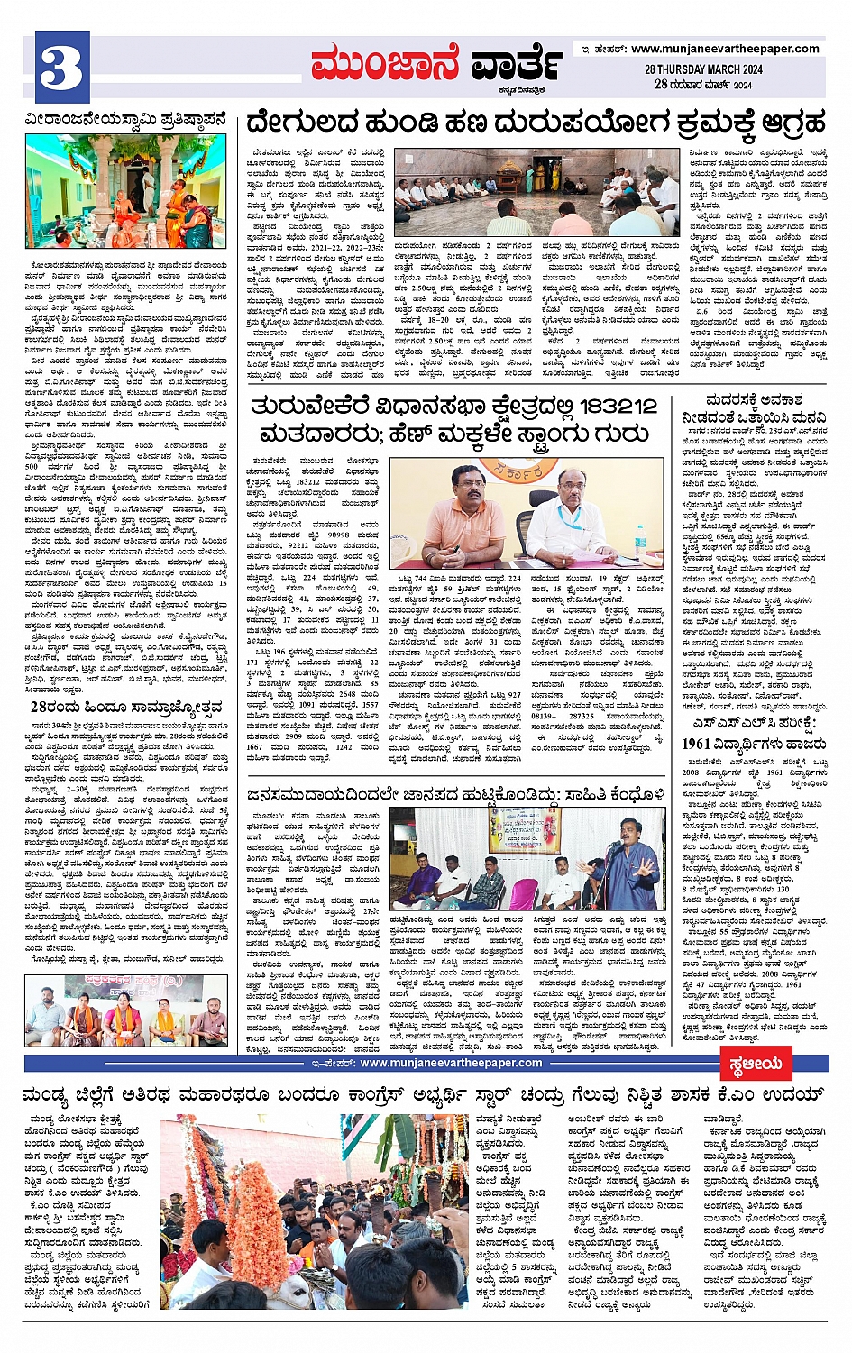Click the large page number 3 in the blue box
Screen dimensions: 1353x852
61,68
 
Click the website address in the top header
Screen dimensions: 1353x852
724,49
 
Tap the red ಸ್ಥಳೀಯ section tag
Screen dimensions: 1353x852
756,1064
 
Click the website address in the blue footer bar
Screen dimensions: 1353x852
451,1063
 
